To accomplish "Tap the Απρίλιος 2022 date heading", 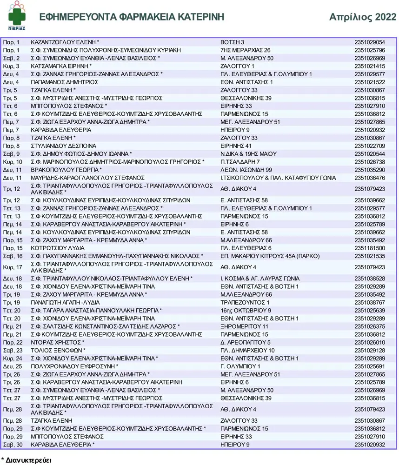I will pos(363,17).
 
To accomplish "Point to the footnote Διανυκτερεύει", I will pos(27,460).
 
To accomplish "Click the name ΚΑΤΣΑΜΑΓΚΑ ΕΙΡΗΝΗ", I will pos(61,66).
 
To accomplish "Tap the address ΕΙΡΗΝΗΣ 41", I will pos(236,146).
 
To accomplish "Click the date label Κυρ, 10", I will pos(12,161).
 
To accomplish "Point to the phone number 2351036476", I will pos(370,178).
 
